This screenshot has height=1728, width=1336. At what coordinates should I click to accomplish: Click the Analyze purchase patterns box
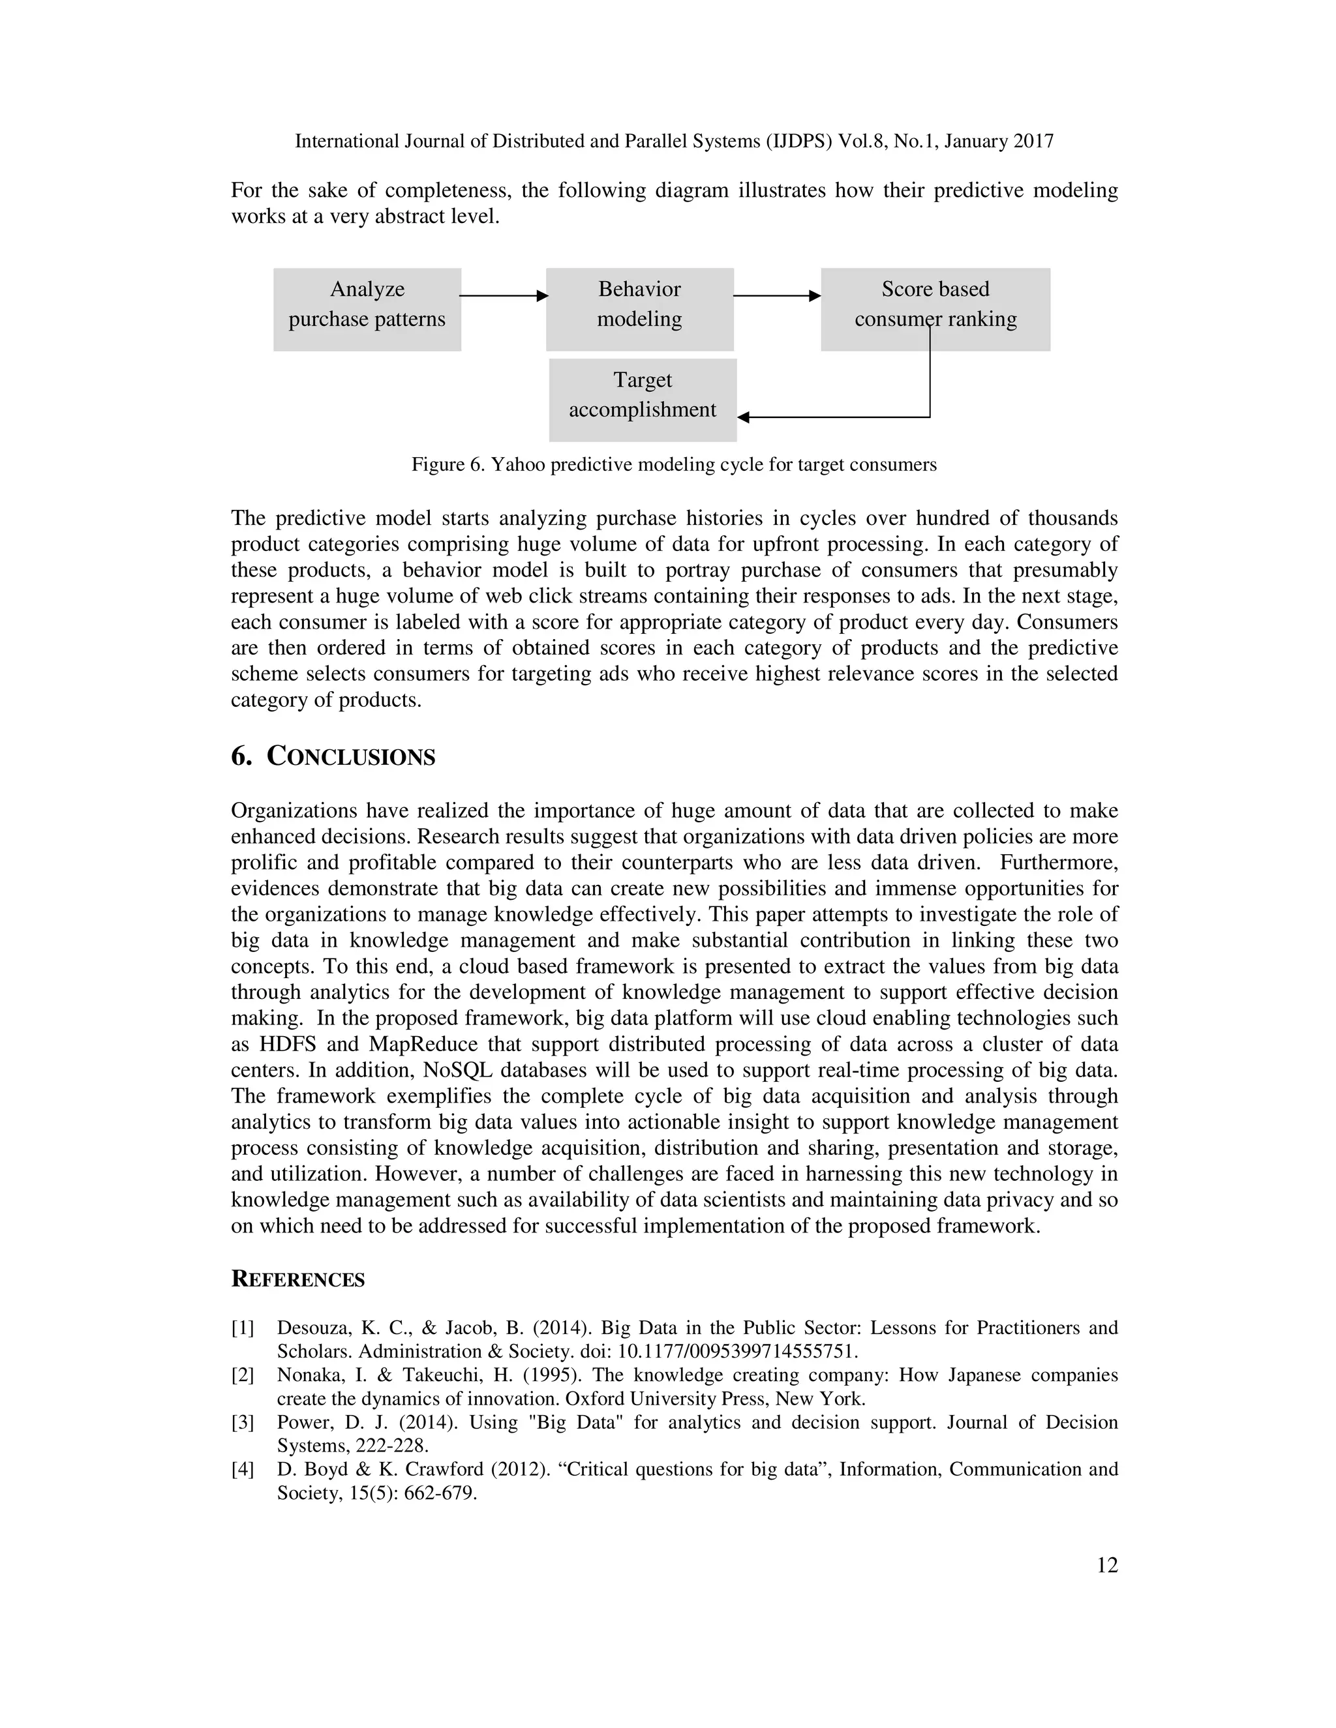tap(367, 309)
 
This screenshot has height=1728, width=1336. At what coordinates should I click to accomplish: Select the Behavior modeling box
tap(639, 309)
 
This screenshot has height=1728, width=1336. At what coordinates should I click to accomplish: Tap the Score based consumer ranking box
tap(935, 309)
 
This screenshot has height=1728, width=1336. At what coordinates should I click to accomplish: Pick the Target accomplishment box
tap(643, 400)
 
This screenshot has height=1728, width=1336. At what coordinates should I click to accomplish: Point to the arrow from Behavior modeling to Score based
tap(776, 296)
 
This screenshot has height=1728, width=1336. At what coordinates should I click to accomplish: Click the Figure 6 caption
tap(673, 464)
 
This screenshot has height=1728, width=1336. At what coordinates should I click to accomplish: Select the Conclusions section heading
tap(333, 756)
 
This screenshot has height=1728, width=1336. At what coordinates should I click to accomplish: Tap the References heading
tap(297, 1280)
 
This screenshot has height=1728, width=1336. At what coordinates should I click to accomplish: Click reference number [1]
tap(242, 1328)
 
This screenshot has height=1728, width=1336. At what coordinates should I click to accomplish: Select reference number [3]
tap(242, 1423)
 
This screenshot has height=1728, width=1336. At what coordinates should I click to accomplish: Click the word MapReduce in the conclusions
tap(421, 1045)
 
